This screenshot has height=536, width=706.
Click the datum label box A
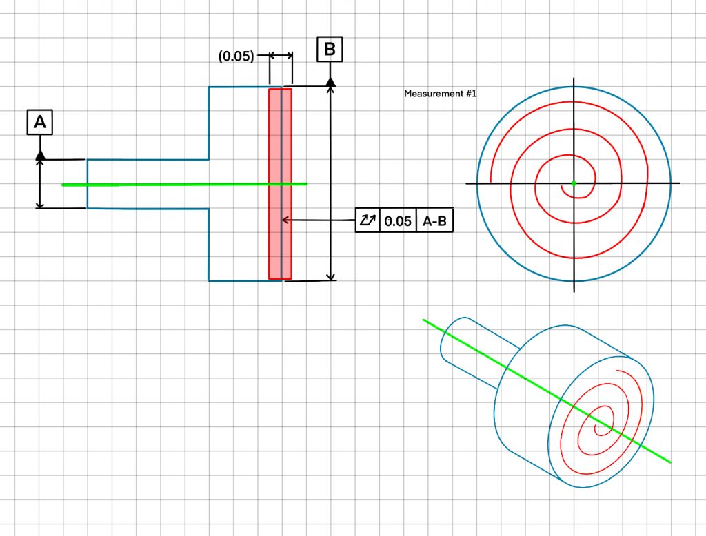(x=39, y=122)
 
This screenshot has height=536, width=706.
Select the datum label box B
(x=330, y=49)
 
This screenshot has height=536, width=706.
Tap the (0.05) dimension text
(x=236, y=56)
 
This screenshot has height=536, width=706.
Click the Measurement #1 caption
(x=440, y=94)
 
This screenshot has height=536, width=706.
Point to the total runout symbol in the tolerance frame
(x=367, y=220)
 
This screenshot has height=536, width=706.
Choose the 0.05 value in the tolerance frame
(x=398, y=221)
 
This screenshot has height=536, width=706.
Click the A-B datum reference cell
(x=434, y=220)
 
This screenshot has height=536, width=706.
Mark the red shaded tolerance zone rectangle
(x=280, y=184)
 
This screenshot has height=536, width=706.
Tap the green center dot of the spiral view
(x=574, y=183)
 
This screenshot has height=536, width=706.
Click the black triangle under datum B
(x=330, y=82)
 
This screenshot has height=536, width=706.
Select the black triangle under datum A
(x=40, y=155)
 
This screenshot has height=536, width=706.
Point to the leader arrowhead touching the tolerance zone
(x=285, y=220)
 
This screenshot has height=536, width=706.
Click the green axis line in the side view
(x=185, y=184)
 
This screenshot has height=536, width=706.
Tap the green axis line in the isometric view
(x=547, y=391)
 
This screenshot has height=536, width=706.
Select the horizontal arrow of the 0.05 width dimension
(x=281, y=55)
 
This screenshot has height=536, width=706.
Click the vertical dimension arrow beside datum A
(x=40, y=184)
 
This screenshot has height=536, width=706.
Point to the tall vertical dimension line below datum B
(x=331, y=183)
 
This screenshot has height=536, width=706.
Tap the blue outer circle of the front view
(x=574, y=86)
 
